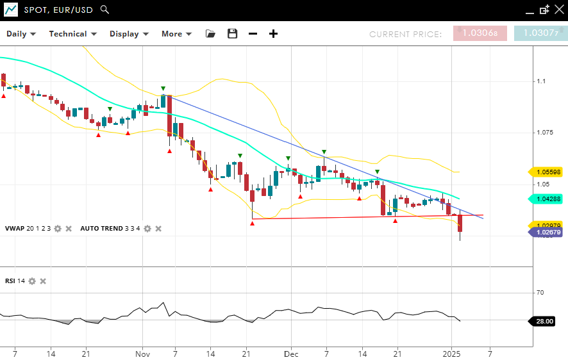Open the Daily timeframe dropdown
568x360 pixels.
(21, 34)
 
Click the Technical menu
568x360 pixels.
(72, 34)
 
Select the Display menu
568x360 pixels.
(129, 34)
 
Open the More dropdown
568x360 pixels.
(176, 34)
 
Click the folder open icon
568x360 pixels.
(210, 34)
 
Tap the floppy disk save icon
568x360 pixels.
(232, 34)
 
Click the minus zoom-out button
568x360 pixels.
(253, 34)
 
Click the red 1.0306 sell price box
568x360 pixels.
(480, 33)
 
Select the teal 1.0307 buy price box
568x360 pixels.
(540, 33)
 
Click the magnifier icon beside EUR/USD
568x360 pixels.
(105, 10)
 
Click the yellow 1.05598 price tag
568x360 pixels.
(546, 172)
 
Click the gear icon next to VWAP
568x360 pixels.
(58, 229)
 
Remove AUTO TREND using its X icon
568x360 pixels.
(158, 229)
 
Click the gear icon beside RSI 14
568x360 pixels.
(32, 281)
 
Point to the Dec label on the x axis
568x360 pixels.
(291, 353)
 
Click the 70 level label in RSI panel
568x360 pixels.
(540, 293)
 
